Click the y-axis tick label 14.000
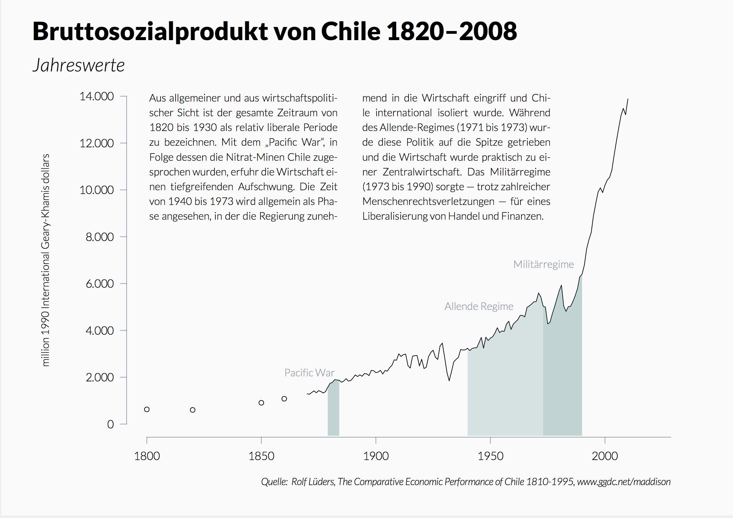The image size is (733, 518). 97,96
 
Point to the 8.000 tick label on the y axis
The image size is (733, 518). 99,237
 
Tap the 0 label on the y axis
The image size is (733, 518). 110,424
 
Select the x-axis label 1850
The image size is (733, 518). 261,456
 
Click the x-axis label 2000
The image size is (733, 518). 605,456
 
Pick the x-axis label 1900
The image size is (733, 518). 376,456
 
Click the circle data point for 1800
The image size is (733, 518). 147,410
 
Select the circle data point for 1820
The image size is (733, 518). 192,410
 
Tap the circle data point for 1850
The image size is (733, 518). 261,403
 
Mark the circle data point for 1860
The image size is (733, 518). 284,399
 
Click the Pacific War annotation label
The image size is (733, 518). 309,373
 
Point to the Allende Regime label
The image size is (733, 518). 479,306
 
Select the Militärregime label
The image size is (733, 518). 543,264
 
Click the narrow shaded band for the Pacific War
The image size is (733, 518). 333,412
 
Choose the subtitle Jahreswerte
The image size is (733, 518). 78,65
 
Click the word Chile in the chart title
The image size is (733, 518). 351,31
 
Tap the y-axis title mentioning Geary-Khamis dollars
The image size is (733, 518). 46,260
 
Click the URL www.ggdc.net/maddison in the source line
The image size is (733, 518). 624,481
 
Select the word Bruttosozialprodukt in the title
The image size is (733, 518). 150,31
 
